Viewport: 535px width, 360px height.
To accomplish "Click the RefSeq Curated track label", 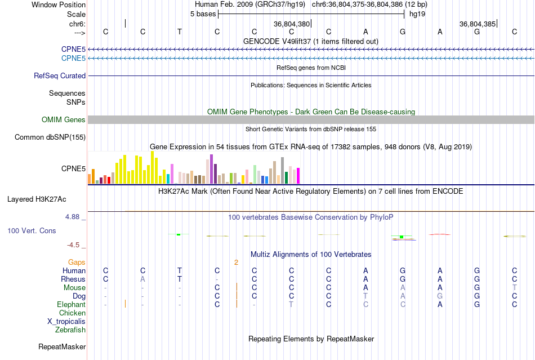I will click(60, 75).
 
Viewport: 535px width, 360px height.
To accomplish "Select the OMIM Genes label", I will click(63, 119).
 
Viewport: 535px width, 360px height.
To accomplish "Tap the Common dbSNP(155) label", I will click(50, 137).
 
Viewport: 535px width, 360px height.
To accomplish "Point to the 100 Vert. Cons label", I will click(32, 231).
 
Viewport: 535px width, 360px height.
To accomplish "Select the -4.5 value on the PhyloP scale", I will click(75, 245).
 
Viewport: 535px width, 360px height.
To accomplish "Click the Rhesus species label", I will click(73, 279).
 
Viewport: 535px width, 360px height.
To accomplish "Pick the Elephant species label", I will click(72, 304).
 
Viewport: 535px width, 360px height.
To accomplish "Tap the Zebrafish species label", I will click(70, 330).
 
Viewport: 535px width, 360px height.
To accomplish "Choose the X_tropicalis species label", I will click(66, 321).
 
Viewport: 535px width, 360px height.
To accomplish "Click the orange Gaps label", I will click(77, 262).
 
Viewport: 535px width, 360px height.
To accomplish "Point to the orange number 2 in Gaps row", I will click(237, 262).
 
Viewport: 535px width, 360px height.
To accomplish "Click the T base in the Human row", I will click(180, 271).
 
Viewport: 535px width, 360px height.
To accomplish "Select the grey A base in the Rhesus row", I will click(142, 279).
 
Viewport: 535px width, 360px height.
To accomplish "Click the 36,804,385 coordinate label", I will click(478, 24).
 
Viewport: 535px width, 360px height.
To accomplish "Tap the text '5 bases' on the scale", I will click(203, 14).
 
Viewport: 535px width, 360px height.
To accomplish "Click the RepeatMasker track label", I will click(62, 346).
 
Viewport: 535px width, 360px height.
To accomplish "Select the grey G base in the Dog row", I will click(440, 296).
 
